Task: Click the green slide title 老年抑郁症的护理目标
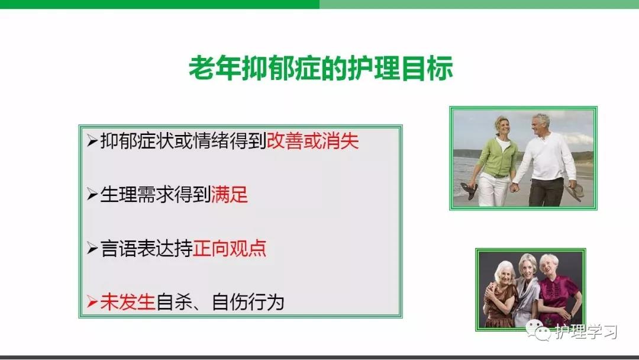(x=321, y=67)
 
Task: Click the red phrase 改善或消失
(x=312, y=141)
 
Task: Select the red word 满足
(x=230, y=194)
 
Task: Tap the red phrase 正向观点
(x=230, y=248)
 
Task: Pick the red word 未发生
(x=128, y=302)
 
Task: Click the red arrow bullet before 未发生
(x=92, y=302)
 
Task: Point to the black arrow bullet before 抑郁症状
(x=92, y=141)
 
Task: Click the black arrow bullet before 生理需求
(x=92, y=194)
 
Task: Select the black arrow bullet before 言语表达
(x=92, y=248)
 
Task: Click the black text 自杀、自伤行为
(x=220, y=302)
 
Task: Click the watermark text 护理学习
(x=586, y=332)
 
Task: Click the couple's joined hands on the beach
(x=514, y=187)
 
